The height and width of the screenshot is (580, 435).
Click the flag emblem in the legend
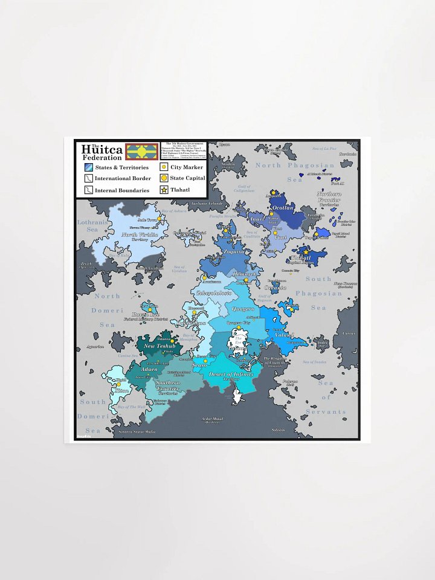(141, 151)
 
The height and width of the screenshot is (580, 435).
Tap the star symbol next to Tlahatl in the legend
(164, 190)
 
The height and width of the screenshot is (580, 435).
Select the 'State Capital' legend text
(187, 178)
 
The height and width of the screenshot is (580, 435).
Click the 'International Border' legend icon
(88, 178)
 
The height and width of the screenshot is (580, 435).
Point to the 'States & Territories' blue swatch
(88, 167)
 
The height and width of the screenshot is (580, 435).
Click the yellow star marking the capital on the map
(306, 252)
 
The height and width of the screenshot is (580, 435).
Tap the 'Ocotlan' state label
(283, 208)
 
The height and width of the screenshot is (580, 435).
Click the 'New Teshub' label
(159, 346)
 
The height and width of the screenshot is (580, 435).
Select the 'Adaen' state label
(149, 369)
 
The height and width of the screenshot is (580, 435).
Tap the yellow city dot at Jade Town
(161, 221)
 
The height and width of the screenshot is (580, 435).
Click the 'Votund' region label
(285, 334)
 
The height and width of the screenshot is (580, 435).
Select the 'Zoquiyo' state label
(234, 251)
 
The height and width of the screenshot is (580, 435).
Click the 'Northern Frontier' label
(329, 197)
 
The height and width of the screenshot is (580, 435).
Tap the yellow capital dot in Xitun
(119, 384)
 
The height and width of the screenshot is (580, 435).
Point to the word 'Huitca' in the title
(102, 150)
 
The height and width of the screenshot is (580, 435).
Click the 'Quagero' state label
(243, 309)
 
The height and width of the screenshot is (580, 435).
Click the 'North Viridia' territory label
(140, 234)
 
